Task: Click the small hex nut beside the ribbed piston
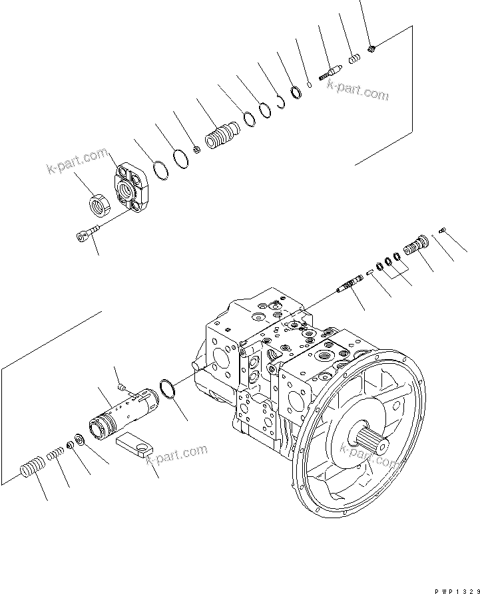pos(198,150)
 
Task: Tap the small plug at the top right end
pos(371,47)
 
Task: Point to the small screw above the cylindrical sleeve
pos(120,386)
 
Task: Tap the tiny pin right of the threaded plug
pos(442,231)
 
